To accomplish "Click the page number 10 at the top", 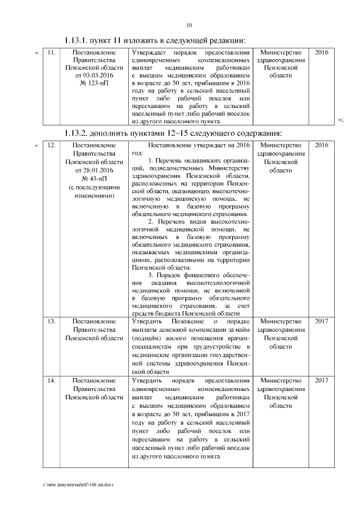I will (x=188, y=25).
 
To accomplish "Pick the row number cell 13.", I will (x=51, y=321).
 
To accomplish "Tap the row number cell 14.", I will (x=51, y=381).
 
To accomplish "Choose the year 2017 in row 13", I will (x=322, y=321).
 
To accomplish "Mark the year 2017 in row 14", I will (x=322, y=381).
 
